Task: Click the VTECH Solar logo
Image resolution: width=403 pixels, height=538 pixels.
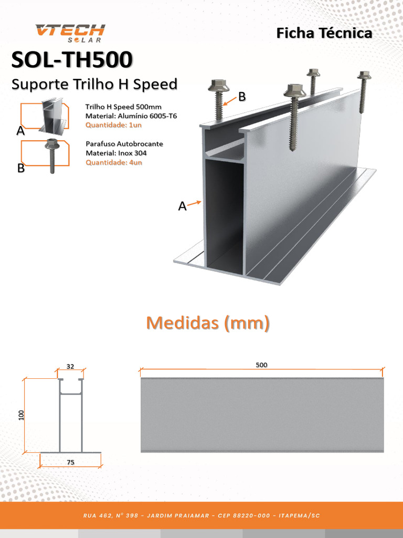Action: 70,33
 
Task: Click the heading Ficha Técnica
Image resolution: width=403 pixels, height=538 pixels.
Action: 324,33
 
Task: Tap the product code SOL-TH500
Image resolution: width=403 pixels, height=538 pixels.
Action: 72,60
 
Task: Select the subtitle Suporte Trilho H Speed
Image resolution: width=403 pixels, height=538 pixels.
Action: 94,84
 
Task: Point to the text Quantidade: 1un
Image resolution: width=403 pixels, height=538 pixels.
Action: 113,125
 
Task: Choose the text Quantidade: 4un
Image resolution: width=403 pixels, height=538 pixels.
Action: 114,162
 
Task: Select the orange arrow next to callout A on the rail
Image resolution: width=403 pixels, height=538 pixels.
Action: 195,203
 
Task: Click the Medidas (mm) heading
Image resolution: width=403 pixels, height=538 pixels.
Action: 208,323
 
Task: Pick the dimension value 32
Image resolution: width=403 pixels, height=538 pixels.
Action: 70,366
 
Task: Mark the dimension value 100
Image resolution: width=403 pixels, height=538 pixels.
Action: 22,415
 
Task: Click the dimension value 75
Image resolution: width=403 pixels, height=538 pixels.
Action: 70,462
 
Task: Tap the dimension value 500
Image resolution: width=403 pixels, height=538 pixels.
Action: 261,365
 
